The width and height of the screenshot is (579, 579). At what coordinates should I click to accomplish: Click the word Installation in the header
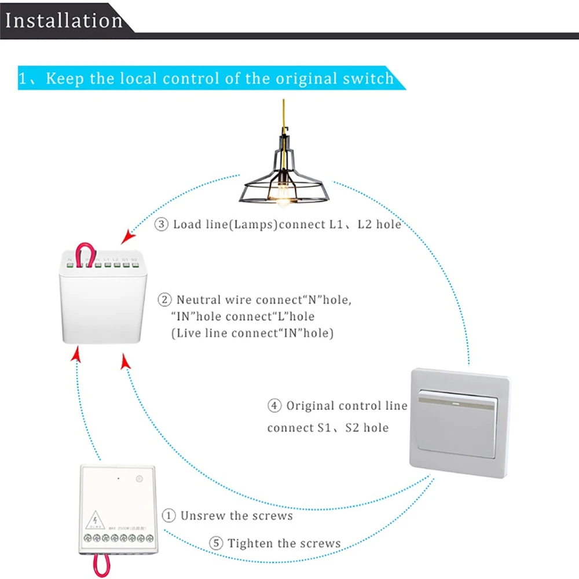coord(64,20)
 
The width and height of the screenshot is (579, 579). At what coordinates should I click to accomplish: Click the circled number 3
coord(161,224)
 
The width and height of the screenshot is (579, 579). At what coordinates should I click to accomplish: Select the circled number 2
coord(165,300)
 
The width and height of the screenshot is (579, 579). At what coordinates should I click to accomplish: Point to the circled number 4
coord(274,406)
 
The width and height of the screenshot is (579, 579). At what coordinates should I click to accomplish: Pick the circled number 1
coord(168,515)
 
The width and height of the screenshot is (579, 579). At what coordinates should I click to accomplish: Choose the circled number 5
coord(216,543)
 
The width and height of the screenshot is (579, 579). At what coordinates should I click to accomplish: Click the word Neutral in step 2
coord(198,300)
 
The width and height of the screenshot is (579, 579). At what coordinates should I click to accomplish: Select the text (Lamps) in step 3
coord(248,224)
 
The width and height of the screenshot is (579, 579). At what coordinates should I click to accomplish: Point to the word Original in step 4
coord(310,406)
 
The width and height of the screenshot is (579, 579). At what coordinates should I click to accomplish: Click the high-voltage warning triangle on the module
coord(93,522)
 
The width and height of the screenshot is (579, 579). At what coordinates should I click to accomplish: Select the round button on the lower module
coord(139,479)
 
